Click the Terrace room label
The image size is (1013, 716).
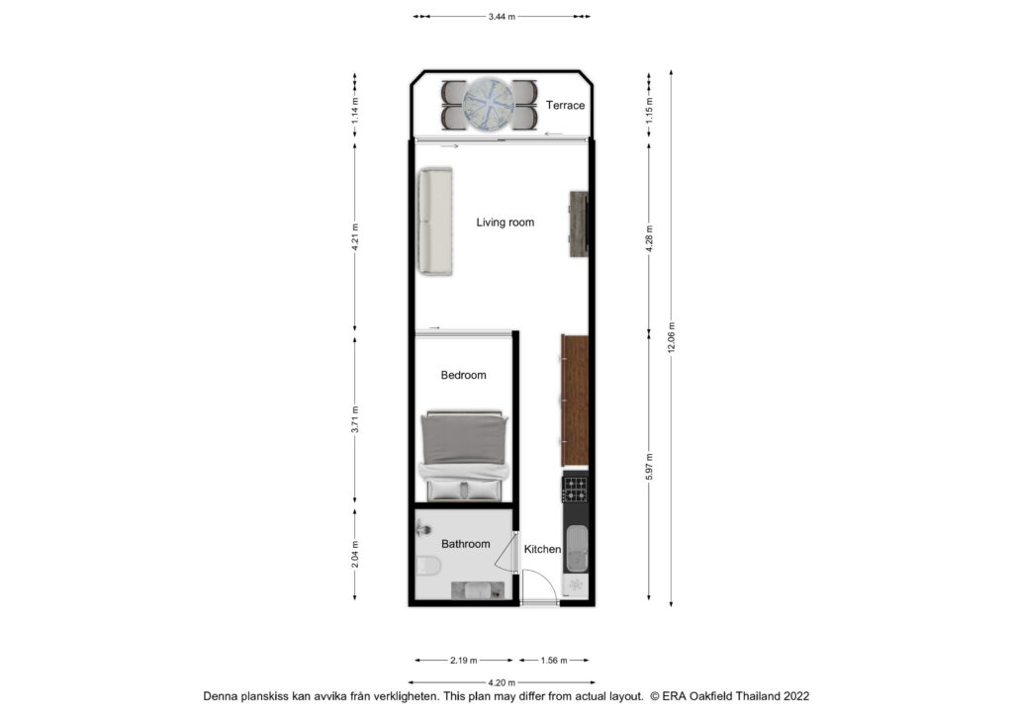pos(565,105)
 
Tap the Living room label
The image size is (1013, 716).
pos(506,223)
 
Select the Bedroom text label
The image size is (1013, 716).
pos(463,375)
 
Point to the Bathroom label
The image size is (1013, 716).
pos(465,544)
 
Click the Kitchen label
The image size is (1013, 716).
pos(542,550)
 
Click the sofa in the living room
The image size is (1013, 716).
pos(434,222)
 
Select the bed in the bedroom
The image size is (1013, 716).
pos(463,456)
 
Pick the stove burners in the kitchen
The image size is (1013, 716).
pos(575,490)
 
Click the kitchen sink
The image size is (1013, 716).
pos(577,549)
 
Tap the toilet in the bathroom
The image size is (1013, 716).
pos(427,567)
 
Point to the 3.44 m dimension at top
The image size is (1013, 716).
pos(502,17)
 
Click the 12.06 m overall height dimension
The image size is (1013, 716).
pos(672,337)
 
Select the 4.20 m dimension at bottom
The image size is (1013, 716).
pos(502,682)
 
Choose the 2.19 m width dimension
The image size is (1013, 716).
pos(464,661)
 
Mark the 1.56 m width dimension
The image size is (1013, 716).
pos(554,661)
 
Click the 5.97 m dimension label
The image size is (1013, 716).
pos(649,467)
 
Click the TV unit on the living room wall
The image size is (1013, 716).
pos(578,224)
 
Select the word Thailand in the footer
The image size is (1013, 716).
pos(759,696)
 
